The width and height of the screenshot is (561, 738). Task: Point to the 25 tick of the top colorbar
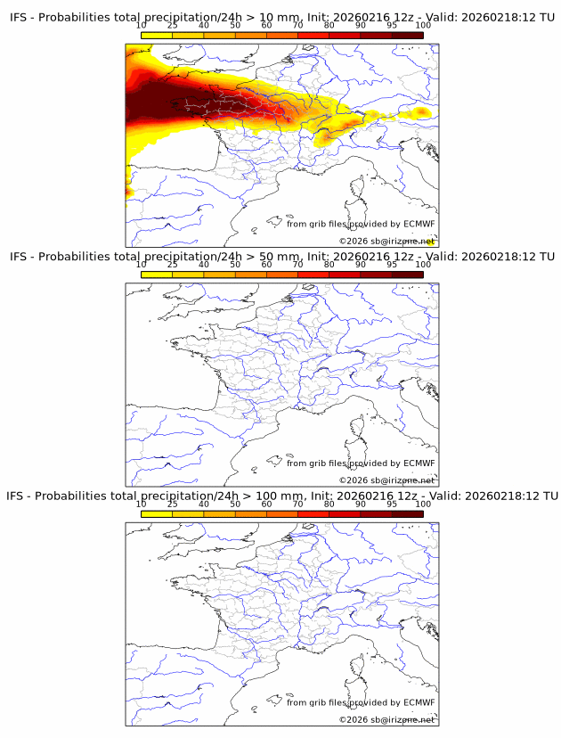tap(172, 25)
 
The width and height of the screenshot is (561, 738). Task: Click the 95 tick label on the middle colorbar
tap(392, 265)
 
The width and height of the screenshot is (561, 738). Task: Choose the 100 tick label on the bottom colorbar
tap(423, 504)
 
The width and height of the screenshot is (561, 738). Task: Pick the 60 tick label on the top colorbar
tap(266, 25)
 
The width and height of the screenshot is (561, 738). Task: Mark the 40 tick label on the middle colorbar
tap(204, 265)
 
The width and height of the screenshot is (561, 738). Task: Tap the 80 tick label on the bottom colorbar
tap(329, 504)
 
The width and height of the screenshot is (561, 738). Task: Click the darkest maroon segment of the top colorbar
tap(407, 35)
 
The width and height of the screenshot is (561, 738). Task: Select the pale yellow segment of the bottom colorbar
tap(157, 513)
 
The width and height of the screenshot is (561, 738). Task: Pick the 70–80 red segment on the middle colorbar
tap(313, 275)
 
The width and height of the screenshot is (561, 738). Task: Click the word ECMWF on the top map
tap(419, 224)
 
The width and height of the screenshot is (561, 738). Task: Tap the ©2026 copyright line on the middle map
tap(386, 480)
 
